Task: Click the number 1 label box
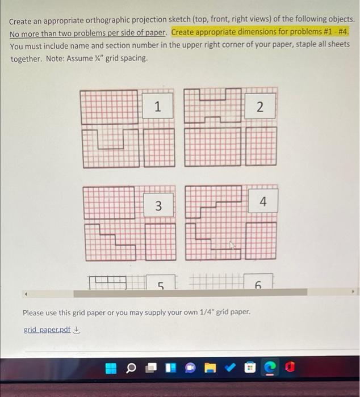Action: (157, 106)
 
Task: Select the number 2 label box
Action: (260, 107)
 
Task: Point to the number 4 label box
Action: (262, 202)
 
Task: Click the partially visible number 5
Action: (160, 285)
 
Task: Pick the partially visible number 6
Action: (258, 285)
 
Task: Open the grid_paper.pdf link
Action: (47, 330)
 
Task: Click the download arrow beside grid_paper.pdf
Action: (77, 330)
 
